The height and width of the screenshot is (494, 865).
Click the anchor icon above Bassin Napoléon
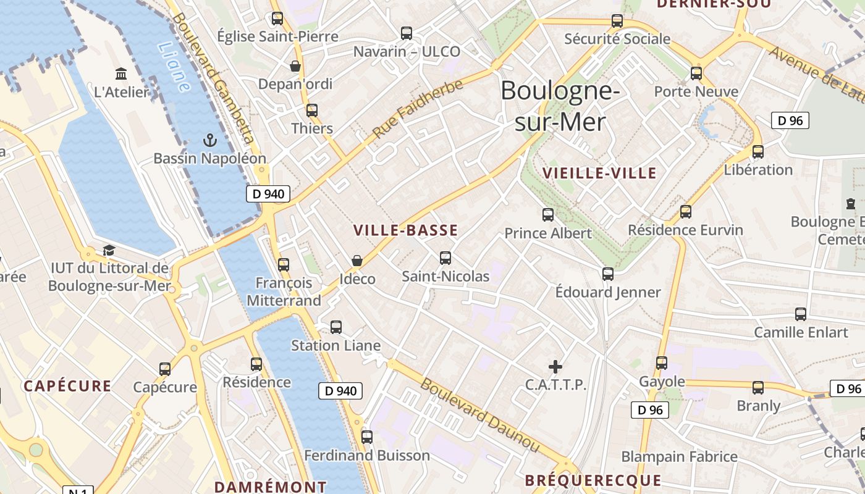(210, 140)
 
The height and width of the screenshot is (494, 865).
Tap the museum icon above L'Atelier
(121, 73)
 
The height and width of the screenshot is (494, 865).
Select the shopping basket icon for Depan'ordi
(295, 65)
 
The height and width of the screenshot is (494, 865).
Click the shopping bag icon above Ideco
(357, 260)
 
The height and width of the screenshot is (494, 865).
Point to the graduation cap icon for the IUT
(109, 250)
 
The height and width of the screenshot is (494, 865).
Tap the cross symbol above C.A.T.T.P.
(555, 367)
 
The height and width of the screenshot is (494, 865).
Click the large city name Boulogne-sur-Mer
(560, 106)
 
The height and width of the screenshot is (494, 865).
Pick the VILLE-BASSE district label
(405, 230)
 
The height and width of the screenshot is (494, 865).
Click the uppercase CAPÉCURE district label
(67, 387)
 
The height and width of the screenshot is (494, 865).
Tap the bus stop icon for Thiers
(312, 111)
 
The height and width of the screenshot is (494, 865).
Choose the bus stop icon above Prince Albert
(548, 215)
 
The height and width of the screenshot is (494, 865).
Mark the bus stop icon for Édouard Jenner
(608, 274)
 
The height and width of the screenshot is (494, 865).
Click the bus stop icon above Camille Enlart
(801, 314)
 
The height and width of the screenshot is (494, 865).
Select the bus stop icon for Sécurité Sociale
(617, 21)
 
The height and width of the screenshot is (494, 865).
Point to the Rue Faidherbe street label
(418, 109)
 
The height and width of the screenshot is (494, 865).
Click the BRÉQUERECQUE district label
(593, 480)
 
